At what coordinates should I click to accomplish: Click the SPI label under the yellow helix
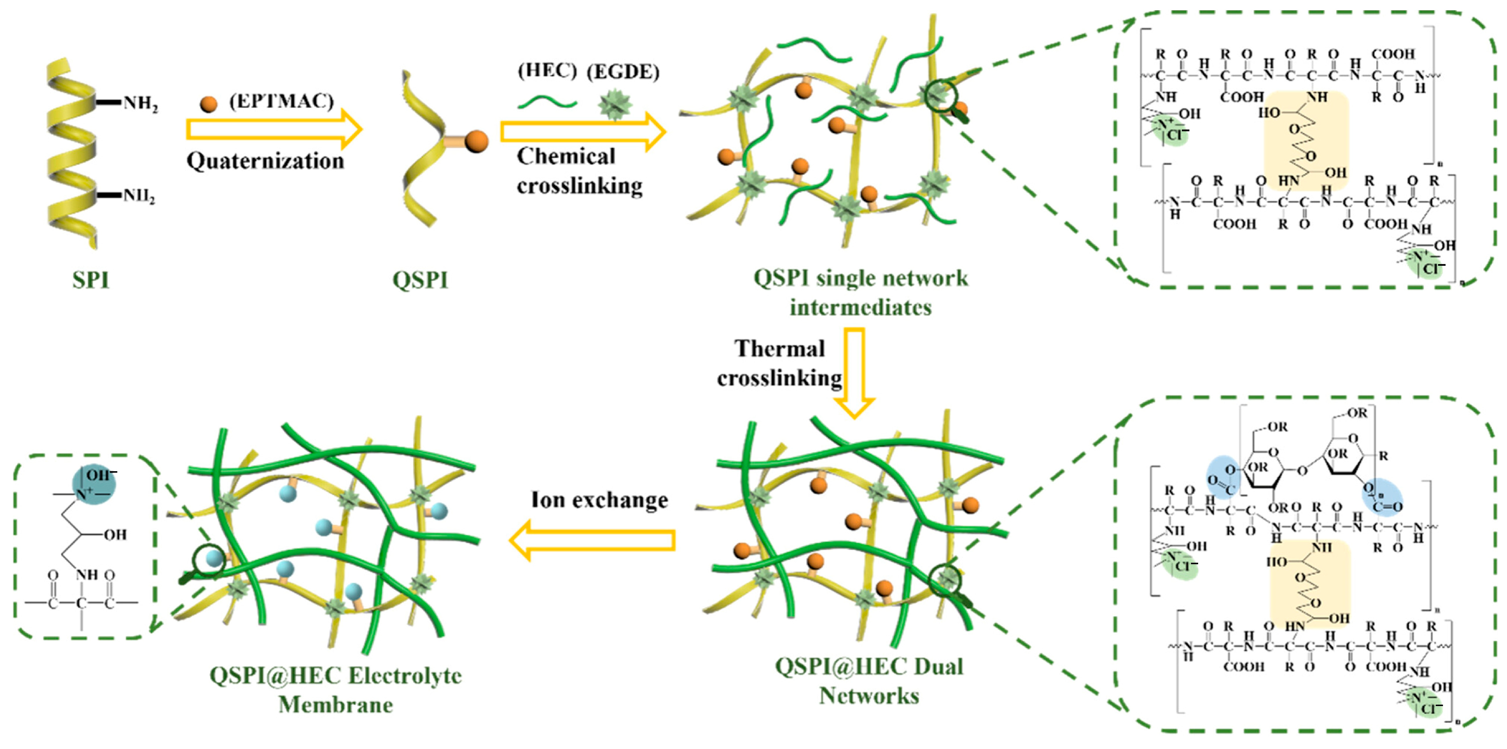pos(91,280)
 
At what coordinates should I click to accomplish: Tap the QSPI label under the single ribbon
pos(420,280)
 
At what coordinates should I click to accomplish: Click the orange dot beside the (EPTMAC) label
pos(208,104)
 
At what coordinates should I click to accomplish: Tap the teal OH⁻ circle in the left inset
pos(94,483)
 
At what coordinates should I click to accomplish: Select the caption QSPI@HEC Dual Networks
pos(869,681)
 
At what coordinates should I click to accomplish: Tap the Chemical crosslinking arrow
pos(583,132)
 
